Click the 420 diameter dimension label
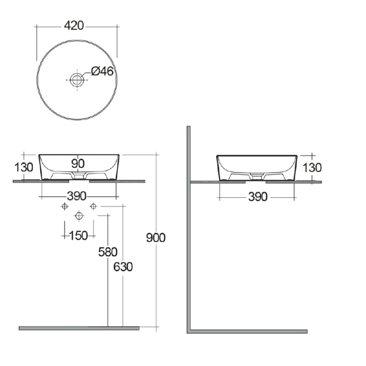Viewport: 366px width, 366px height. pos(76,26)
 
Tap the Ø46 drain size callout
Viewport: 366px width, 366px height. pos(101,71)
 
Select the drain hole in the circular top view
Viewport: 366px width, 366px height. pos(77,79)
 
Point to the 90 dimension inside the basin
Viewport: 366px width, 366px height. pos(77,164)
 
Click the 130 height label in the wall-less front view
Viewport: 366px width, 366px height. pos(24,167)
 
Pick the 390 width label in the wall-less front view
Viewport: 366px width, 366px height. pos(76,196)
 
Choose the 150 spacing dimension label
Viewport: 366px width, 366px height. pos(78,236)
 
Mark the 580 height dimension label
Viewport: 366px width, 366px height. pos(108,252)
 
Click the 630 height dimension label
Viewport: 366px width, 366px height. pos(123,267)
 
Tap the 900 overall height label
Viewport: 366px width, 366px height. pos(155,238)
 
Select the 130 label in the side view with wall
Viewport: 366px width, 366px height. pos(312,168)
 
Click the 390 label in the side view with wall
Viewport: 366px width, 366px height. pos(257,197)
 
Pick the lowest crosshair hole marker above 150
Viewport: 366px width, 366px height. pos(78,216)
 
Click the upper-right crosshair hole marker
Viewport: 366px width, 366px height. pos(93,207)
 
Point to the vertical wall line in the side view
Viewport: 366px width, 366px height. pos(189,230)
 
